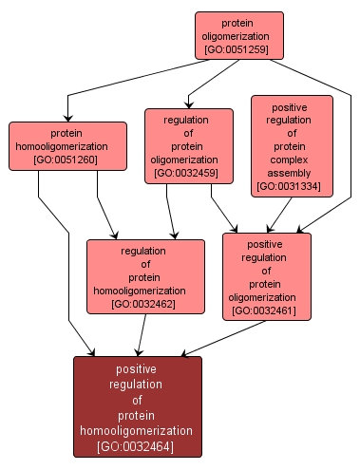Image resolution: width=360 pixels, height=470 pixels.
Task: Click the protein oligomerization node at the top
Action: (239, 36)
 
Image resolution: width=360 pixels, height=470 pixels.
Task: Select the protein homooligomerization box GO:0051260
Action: (68, 147)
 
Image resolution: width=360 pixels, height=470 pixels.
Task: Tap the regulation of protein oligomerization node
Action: (189, 145)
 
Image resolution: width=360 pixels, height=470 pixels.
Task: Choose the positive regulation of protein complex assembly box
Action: (293, 145)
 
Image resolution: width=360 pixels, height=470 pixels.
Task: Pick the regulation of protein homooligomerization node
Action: (145, 276)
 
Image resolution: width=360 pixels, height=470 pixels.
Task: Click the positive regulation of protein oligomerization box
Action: (267, 276)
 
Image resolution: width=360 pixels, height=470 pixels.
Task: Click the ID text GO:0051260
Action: (68, 160)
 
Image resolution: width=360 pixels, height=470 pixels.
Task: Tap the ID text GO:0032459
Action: (189, 174)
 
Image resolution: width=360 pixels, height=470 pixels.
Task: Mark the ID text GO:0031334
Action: (293, 187)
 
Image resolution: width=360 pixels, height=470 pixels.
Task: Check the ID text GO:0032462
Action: (145, 304)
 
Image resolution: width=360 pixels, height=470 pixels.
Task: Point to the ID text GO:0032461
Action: (267, 310)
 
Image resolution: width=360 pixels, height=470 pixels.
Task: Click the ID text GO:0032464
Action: (139, 445)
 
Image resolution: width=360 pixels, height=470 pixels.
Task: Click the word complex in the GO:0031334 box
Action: (293, 160)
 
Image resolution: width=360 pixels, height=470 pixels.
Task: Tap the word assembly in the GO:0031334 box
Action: (293, 174)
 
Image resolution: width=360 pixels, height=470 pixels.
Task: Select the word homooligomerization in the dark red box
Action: (139, 430)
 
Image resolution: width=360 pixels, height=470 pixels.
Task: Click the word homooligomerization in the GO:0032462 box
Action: (145, 291)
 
